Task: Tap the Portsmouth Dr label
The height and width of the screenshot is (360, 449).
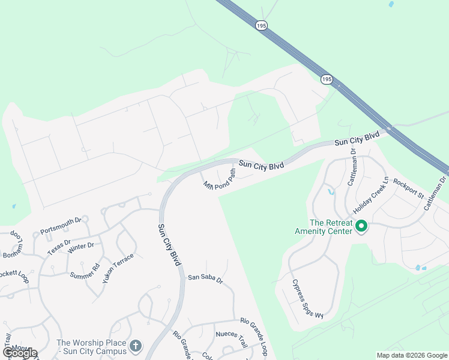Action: coord(61,226)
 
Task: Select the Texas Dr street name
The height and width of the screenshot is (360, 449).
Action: coord(59,244)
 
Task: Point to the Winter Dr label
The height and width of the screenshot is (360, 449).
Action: coord(81,245)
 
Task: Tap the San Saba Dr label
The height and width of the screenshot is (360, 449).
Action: coord(205,278)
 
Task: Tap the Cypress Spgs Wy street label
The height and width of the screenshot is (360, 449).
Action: coord(307,299)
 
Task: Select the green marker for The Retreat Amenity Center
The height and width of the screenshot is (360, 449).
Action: coord(361,226)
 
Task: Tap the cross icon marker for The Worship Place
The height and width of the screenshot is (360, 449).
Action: coord(136,346)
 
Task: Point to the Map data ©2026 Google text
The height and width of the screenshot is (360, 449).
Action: coord(412,355)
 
